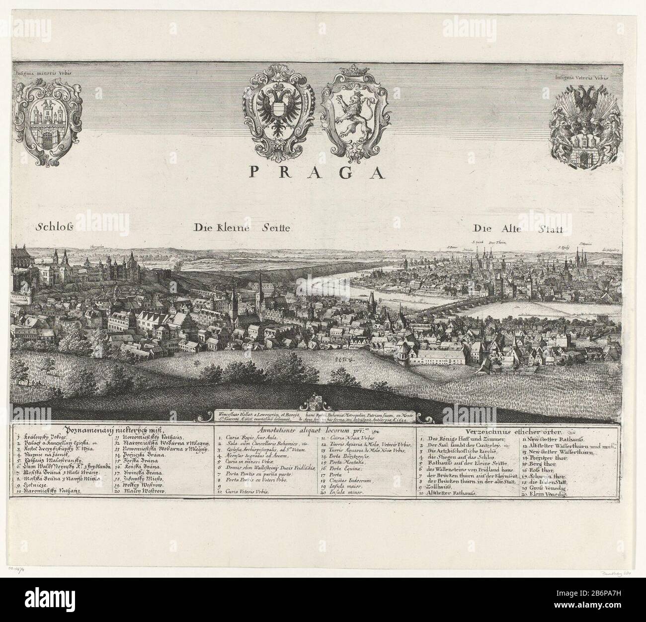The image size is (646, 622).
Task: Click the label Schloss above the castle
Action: pyautogui.click(x=55, y=228)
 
